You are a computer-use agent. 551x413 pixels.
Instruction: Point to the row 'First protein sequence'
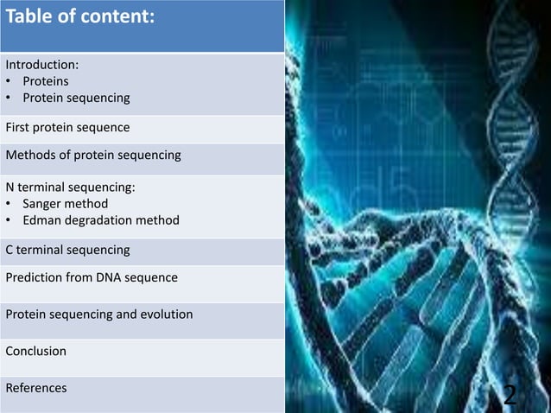coord(67,128)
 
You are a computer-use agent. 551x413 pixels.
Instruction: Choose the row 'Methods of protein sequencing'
coord(92,156)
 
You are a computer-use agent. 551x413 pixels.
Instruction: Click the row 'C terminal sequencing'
coord(67,250)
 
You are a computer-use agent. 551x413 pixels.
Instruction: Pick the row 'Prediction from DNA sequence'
coord(92,278)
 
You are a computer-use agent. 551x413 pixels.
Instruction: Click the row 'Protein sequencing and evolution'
coord(98,315)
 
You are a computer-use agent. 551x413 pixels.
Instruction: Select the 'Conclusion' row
coord(35,351)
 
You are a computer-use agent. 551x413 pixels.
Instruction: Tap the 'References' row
coord(35,388)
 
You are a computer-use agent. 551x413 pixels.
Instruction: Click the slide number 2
coord(510,395)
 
